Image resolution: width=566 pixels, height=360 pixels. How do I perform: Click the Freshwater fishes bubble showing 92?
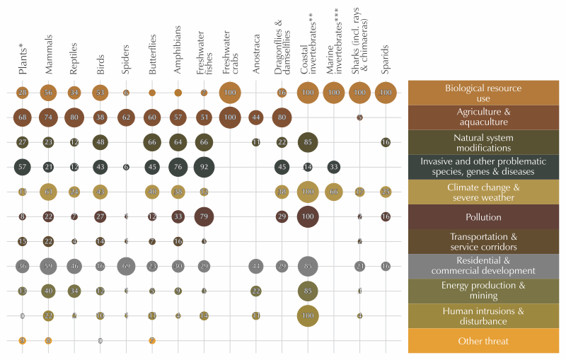(x=204, y=167)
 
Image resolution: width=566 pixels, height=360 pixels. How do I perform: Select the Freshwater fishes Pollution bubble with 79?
(x=204, y=216)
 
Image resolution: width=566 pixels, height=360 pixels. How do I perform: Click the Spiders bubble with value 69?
(x=126, y=265)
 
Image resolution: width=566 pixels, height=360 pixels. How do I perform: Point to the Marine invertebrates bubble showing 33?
(x=334, y=167)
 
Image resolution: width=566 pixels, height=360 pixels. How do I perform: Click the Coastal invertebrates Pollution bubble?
(x=308, y=216)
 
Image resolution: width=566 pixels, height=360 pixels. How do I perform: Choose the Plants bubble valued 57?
(x=23, y=167)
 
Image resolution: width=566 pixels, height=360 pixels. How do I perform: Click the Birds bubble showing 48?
(x=100, y=142)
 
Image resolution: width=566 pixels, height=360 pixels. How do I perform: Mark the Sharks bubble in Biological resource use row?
(x=359, y=93)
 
